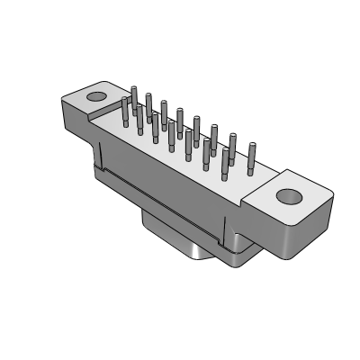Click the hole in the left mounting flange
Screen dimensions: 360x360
click(x=95, y=94)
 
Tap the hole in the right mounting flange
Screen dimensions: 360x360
click(x=288, y=196)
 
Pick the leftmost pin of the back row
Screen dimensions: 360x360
click(x=134, y=98)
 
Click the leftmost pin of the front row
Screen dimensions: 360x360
click(x=123, y=112)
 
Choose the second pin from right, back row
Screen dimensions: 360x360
click(x=233, y=146)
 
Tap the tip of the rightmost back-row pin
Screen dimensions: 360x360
click(x=251, y=144)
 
